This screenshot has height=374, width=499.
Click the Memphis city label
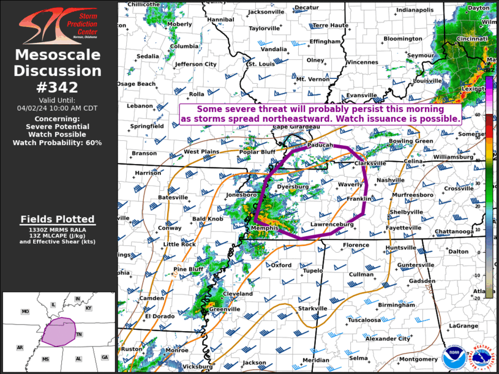click(265, 228)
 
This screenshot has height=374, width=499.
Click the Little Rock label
click(179, 244)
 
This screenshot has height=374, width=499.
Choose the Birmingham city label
click(396, 305)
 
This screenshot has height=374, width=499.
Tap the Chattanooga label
click(454, 231)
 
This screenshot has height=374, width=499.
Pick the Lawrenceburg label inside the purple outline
click(332, 225)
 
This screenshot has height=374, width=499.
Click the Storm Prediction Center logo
click(58, 25)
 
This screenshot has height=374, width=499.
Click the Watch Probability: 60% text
click(58, 142)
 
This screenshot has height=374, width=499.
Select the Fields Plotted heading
click(58, 219)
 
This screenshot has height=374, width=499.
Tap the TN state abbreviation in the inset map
click(79, 334)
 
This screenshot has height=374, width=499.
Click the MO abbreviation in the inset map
click(25, 312)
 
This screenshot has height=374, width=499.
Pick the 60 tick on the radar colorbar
click(478, 115)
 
